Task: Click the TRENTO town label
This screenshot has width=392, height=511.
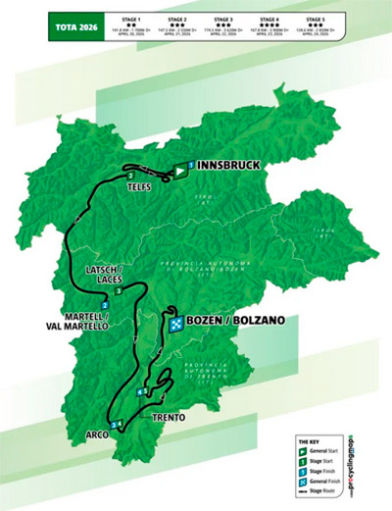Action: [x=169, y=417]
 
